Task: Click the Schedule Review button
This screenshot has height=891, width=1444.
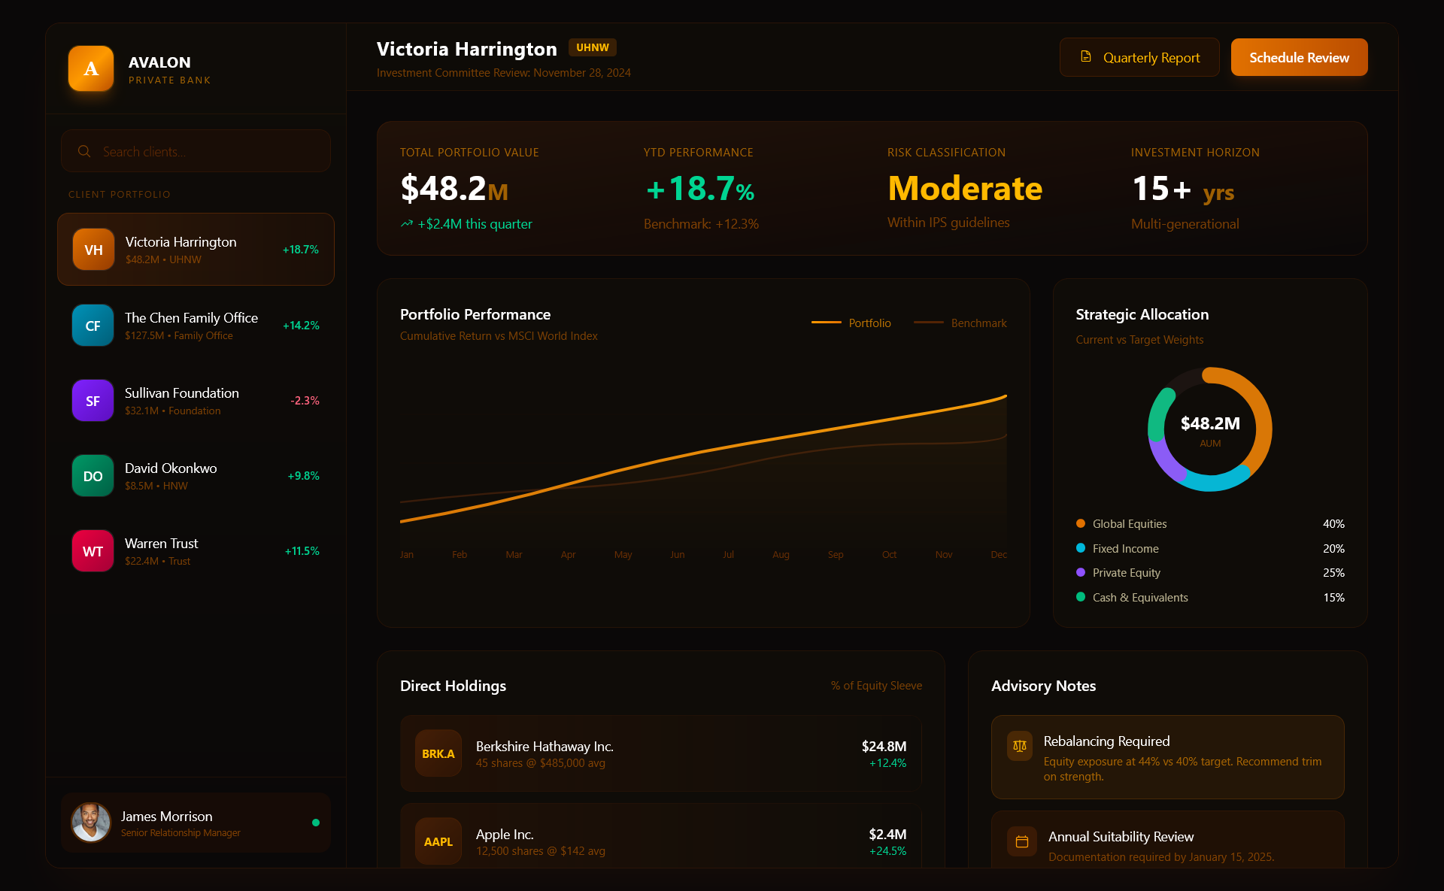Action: tap(1299, 58)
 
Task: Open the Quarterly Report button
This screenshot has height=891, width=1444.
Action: tap(1139, 58)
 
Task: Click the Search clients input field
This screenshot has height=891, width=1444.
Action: tap(203, 151)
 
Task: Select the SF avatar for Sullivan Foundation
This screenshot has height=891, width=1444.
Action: tap(93, 401)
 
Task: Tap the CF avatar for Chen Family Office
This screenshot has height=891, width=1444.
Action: tap(93, 326)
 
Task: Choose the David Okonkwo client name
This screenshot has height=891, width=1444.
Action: tap(171, 468)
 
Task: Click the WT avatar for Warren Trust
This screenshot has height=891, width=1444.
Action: tap(93, 551)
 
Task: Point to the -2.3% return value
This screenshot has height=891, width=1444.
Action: tap(305, 401)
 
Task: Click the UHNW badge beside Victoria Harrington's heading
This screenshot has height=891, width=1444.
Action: tap(593, 47)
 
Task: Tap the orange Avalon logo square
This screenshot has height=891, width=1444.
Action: tap(91, 68)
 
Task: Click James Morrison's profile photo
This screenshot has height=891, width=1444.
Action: tap(91, 823)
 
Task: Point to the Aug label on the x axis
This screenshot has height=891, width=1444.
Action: tap(781, 555)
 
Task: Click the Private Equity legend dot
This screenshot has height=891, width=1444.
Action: tap(1081, 573)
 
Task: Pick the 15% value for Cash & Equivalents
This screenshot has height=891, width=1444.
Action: tap(1333, 598)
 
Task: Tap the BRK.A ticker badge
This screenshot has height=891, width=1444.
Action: tap(438, 753)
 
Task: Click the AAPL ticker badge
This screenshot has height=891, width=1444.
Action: tap(438, 841)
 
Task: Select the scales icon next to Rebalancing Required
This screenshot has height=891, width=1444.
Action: tap(1020, 746)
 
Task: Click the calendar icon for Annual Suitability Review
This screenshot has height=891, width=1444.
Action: tap(1022, 841)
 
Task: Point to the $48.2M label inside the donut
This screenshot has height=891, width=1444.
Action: tap(1210, 423)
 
